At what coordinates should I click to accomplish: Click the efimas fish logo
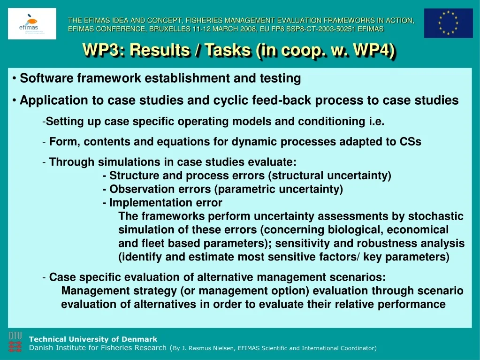click(x=32, y=23)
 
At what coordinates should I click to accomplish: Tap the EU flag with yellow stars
click(x=448, y=23)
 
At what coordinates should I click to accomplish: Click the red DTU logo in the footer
click(x=15, y=342)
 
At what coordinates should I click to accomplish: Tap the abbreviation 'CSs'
click(x=411, y=142)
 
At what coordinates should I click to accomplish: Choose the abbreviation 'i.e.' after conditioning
click(x=376, y=122)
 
